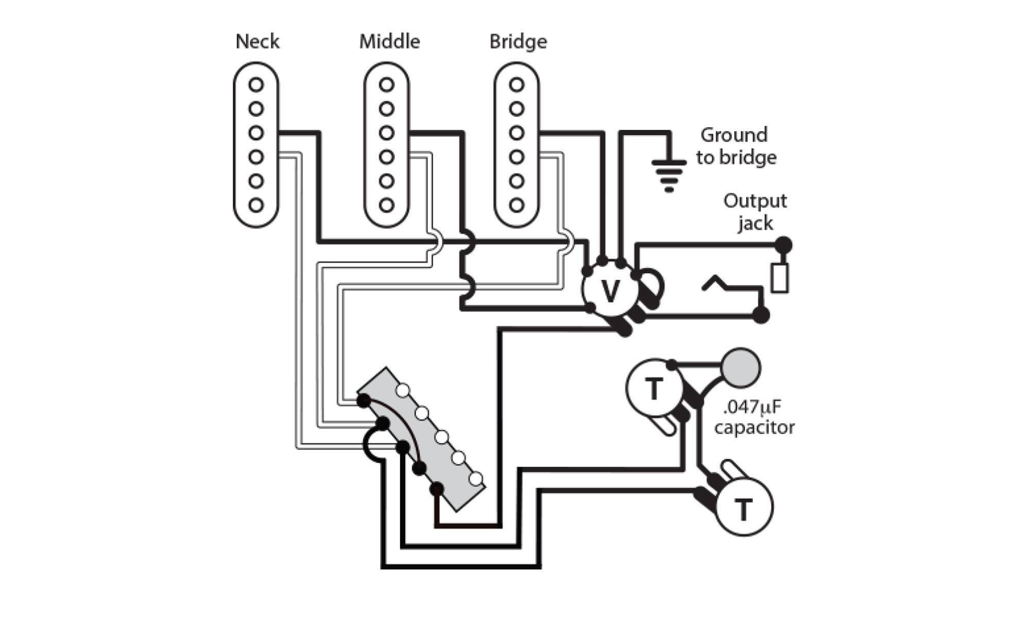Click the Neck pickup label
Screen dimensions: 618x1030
257,41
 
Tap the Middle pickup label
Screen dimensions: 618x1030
389,41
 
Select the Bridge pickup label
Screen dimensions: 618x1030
518,41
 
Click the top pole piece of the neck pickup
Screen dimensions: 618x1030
256,84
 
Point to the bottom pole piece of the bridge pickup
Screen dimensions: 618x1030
517,205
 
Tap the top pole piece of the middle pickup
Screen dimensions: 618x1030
386,84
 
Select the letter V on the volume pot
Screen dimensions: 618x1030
610,291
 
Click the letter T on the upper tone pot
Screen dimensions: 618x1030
654,389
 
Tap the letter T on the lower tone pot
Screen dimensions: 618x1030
743,509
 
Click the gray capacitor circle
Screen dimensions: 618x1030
741,368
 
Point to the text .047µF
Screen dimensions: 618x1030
751,407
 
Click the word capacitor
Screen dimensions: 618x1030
754,427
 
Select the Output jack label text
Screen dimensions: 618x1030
754,211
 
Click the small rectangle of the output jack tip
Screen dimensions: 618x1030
779,278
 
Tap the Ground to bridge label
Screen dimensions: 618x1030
735,146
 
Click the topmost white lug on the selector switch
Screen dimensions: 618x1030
403,391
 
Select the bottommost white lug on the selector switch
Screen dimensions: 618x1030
476,479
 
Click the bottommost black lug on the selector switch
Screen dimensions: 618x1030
436,489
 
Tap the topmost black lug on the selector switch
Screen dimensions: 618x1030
364,401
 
